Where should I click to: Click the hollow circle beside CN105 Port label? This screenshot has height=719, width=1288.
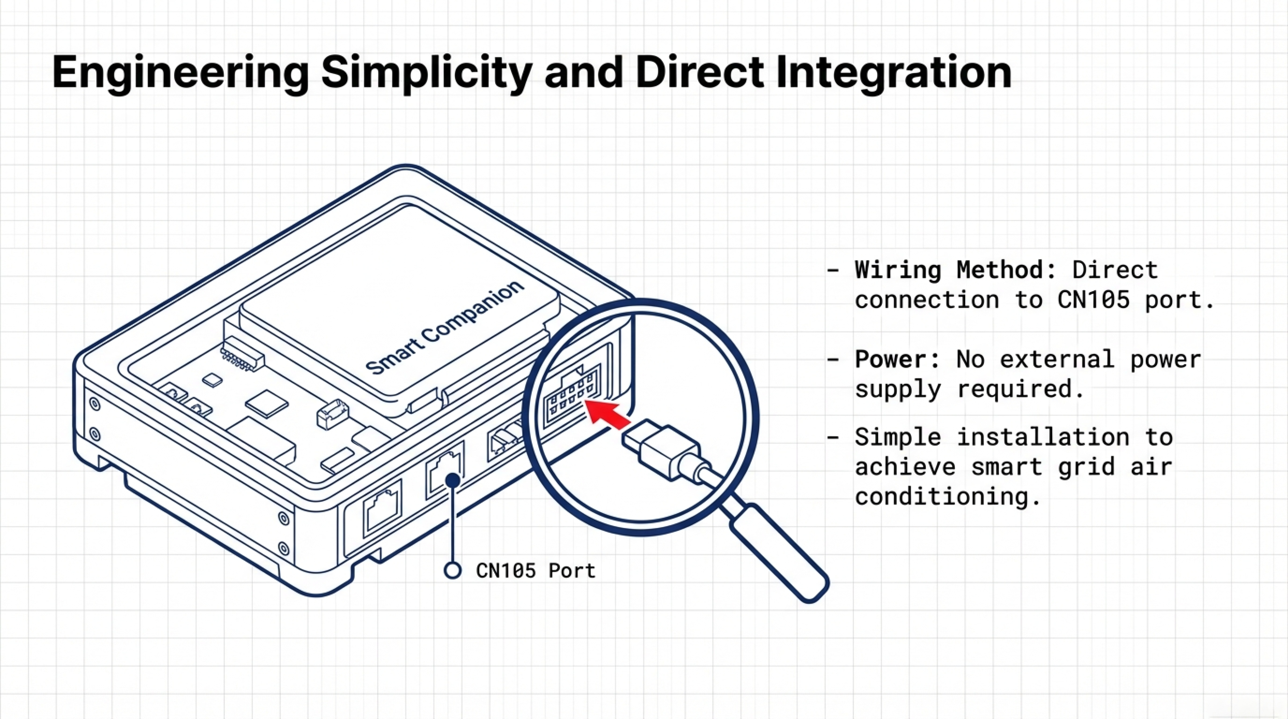[452, 570]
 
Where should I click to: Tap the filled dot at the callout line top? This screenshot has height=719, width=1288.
[452, 480]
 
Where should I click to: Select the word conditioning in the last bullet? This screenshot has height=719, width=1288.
[942, 497]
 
